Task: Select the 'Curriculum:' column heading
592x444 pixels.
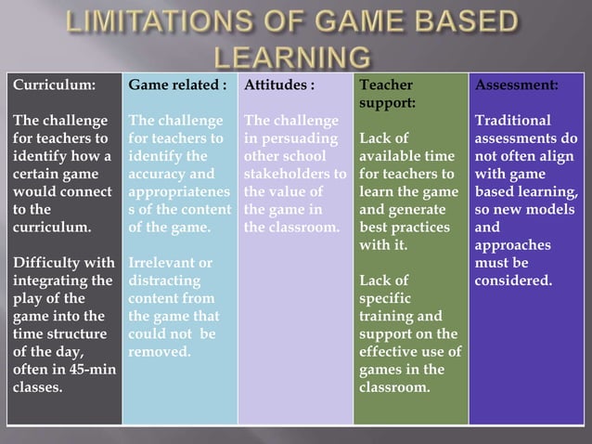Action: pos(53,85)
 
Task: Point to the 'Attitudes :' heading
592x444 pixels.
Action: pos(278,85)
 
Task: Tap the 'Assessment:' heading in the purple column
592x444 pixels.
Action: pos(516,85)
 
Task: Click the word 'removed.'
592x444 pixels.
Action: pos(160,352)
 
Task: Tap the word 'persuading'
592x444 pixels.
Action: pos(296,138)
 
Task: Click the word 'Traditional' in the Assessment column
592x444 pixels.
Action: pos(512,121)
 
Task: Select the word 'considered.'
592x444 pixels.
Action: pos(513,281)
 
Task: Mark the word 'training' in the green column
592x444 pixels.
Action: pos(385,316)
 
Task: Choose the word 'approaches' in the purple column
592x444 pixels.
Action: pos(513,245)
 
